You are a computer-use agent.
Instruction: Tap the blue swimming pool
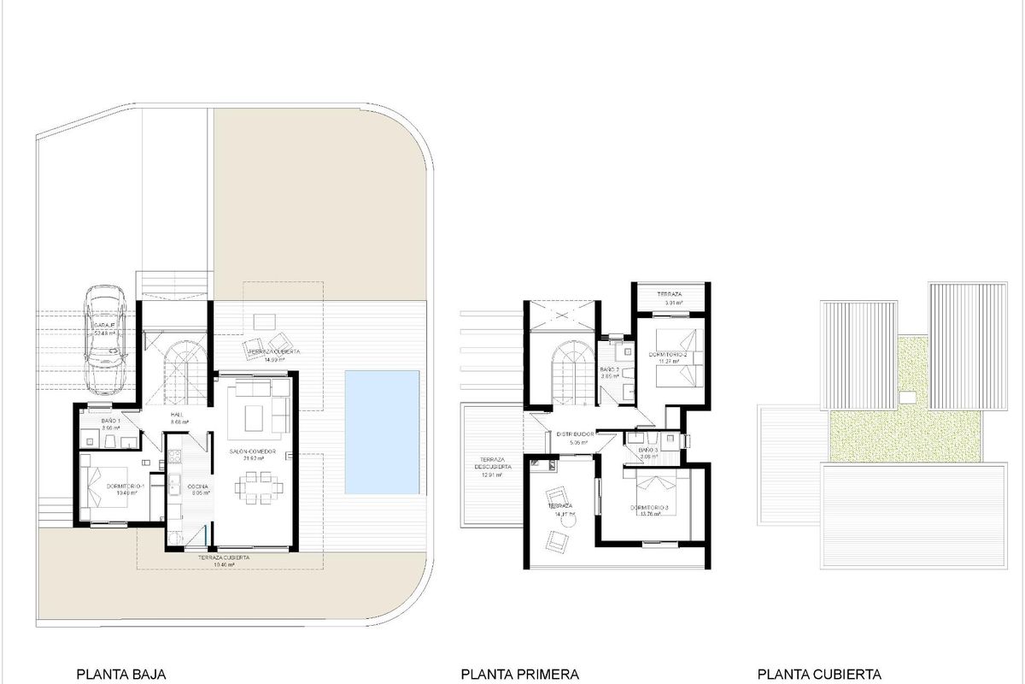(x=382, y=432)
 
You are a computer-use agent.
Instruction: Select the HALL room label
(x=179, y=414)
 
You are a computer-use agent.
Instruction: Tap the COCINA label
(x=198, y=486)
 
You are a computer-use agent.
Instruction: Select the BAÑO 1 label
(x=110, y=422)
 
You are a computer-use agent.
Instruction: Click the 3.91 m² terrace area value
(x=670, y=304)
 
